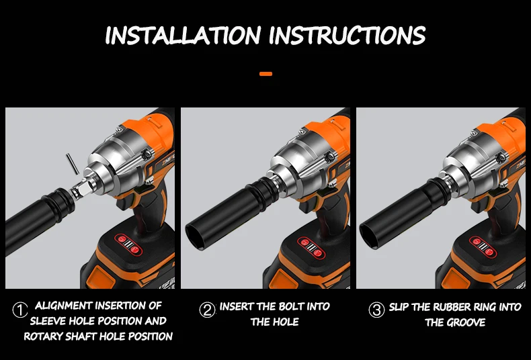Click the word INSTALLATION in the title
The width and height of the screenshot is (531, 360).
click(x=183, y=35)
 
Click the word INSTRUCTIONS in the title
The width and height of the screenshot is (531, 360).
click(x=348, y=35)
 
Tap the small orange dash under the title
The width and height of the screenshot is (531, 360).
click(x=266, y=74)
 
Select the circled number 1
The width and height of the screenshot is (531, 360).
click(x=20, y=310)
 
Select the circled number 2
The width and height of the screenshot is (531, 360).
click(x=207, y=310)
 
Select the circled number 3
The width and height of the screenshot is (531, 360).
click(x=376, y=310)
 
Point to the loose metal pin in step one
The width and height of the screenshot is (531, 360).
click(x=72, y=164)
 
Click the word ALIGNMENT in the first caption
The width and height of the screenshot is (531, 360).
click(x=65, y=306)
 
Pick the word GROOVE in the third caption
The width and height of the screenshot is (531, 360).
click(x=467, y=322)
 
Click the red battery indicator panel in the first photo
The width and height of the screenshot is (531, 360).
click(x=128, y=244)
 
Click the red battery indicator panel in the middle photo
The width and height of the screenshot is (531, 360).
click(x=311, y=248)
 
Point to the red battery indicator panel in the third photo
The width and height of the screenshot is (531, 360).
click(x=483, y=246)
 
